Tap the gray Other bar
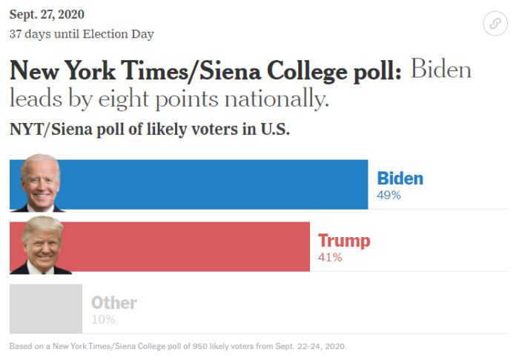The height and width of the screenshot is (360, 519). tap(46, 309)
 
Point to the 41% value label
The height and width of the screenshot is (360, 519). tap(330, 258)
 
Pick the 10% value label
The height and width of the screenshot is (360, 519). tap(103, 320)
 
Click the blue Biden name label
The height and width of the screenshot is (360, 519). tap(400, 179)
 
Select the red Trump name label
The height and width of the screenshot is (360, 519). tap(343, 241)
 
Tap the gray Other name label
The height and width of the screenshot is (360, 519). tap(113, 303)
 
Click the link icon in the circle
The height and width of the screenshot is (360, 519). tap(495, 24)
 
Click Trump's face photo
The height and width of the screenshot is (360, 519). tap(42, 245)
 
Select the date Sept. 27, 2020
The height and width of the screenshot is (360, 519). tap(47, 14)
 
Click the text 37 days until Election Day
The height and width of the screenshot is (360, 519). tap(82, 34)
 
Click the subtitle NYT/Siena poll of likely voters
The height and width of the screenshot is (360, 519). tap(149, 129)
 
